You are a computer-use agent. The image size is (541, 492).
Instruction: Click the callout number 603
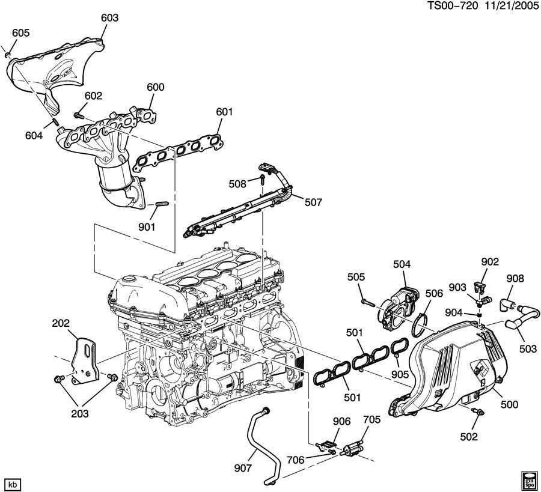tap(109, 18)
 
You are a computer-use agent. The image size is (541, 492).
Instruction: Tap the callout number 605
tap(20, 33)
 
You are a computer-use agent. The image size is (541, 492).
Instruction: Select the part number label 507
tap(313, 202)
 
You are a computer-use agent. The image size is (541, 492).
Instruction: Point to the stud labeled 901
tap(160, 207)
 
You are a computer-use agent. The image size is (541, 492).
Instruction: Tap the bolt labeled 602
tap(78, 114)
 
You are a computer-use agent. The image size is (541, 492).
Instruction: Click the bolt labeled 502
tap(478, 412)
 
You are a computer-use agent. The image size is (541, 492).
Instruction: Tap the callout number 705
tap(371, 421)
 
